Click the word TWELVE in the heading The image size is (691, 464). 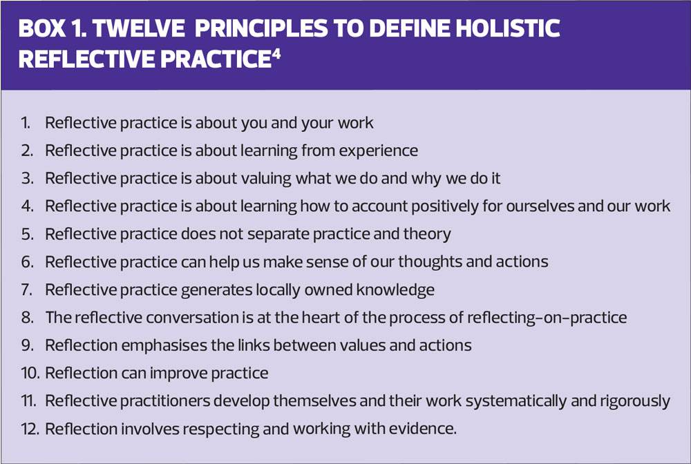click(138, 28)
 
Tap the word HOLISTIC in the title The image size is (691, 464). click(508, 28)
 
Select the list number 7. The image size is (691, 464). click(27, 290)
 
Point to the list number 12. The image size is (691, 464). click(30, 428)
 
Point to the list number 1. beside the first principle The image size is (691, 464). click(26, 123)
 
